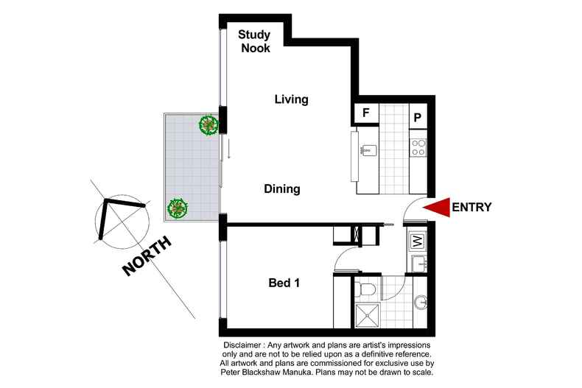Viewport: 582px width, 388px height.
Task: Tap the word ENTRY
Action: pyautogui.click(x=471, y=208)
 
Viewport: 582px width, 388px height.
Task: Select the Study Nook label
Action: pyautogui.click(x=254, y=41)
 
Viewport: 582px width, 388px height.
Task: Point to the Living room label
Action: pyautogui.click(x=291, y=99)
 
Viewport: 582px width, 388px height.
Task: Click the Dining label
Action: pyautogui.click(x=282, y=189)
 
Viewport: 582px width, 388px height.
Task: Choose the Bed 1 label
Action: pyautogui.click(x=283, y=282)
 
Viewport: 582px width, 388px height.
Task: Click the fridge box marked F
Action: pyautogui.click(x=365, y=113)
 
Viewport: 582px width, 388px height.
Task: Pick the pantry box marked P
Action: pyautogui.click(x=417, y=116)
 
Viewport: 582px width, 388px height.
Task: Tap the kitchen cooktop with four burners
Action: pyautogui.click(x=418, y=147)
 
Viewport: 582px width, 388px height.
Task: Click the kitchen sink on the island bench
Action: pyautogui.click(x=368, y=150)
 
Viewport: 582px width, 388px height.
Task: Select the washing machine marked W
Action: pyautogui.click(x=416, y=240)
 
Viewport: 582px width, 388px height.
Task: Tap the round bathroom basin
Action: pyautogui.click(x=422, y=302)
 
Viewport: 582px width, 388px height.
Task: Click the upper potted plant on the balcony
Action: pyautogui.click(x=210, y=125)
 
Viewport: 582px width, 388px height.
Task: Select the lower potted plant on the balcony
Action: pyautogui.click(x=178, y=208)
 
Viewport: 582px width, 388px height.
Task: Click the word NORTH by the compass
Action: pyautogui.click(x=147, y=255)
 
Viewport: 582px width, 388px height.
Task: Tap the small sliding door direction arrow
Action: pyautogui.click(x=229, y=149)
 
